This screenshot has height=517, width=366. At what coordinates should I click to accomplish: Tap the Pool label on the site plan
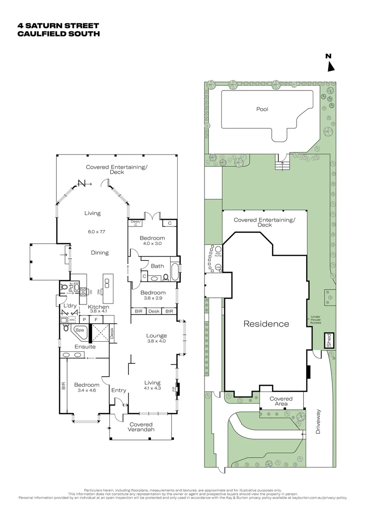click(x=262, y=109)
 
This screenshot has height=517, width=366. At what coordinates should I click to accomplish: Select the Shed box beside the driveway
click(x=329, y=340)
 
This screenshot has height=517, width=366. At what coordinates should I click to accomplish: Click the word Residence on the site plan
click(x=266, y=324)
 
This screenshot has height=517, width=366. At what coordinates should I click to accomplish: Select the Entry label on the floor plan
click(x=119, y=391)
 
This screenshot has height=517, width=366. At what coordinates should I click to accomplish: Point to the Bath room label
click(x=157, y=266)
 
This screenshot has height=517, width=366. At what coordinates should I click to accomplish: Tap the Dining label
click(x=99, y=253)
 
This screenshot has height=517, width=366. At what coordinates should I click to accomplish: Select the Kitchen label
click(x=98, y=307)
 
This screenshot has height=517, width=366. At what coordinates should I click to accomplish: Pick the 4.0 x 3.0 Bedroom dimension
click(x=152, y=244)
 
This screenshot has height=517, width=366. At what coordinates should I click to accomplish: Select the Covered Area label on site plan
click(x=281, y=401)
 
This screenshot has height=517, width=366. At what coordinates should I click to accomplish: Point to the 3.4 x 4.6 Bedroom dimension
click(x=86, y=391)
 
